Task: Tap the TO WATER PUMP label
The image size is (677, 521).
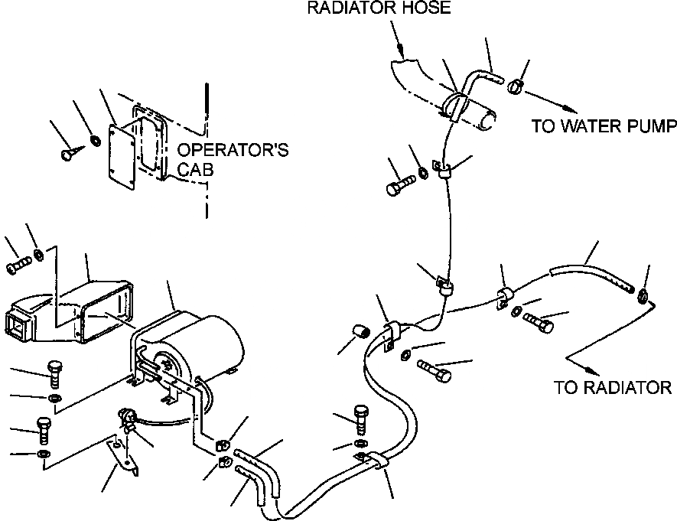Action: (604, 127)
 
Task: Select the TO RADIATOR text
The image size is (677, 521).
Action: (614, 387)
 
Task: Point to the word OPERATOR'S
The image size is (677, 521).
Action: (233, 149)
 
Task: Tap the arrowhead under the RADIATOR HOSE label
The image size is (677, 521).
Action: (400, 54)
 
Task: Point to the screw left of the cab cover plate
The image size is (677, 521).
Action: (67, 154)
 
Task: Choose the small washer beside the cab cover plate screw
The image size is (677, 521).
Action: (94, 140)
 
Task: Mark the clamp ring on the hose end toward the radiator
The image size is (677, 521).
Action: (643, 295)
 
